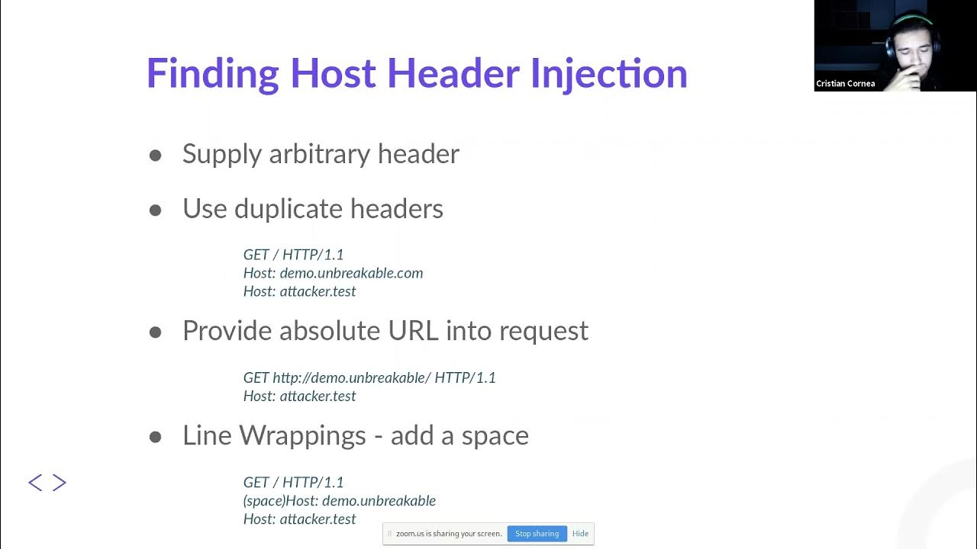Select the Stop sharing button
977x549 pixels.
point(537,534)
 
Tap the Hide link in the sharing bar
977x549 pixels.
point(580,534)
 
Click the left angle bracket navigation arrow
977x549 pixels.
point(35,483)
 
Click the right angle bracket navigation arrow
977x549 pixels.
point(60,483)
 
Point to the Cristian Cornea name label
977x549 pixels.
point(845,84)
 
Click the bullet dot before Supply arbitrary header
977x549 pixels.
point(156,156)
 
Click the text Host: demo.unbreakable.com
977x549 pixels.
point(333,273)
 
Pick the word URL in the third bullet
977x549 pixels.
point(414,331)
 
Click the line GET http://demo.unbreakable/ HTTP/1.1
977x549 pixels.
point(369,377)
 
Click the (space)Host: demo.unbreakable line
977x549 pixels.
point(340,501)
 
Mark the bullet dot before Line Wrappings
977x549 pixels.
point(156,438)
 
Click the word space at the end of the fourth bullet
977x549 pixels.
point(495,436)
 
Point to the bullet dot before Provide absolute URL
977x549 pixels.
point(156,332)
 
